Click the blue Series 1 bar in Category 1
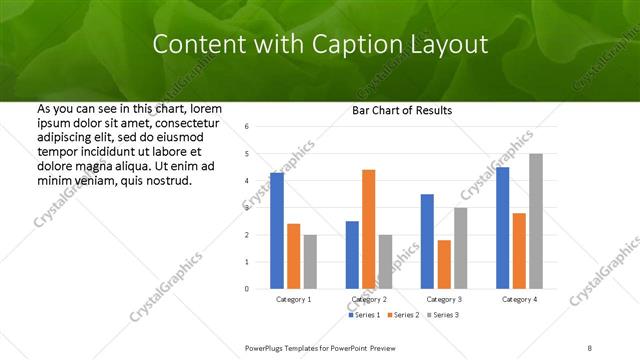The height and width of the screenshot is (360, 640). (x=277, y=231)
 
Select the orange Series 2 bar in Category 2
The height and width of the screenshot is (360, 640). (x=368, y=229)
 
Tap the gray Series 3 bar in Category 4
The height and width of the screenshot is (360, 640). (x=536, y=221)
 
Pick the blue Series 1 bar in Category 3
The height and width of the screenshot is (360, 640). (x=427, y=241)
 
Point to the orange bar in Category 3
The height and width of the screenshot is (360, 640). (x=444, y=264)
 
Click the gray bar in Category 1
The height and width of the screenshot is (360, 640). (x=310, y=262)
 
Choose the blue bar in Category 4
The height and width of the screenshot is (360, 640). (x=502, y=228)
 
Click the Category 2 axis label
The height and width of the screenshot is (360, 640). (x=368, y=299)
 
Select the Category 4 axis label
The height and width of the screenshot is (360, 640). (x=519, y=299)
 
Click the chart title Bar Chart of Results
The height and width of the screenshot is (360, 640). (x=402, y=110)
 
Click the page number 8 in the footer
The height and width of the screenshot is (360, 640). (x=589, y=347)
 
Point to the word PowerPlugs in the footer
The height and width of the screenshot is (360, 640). (x=265, y=347)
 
